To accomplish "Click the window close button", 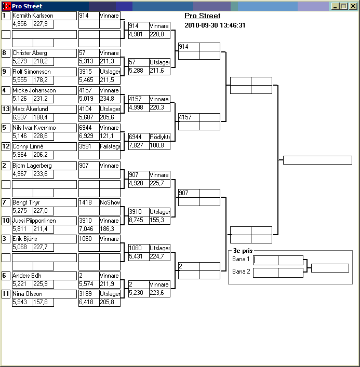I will coord(353,6).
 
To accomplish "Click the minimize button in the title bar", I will coord(336,6).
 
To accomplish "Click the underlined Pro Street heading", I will coord(202,16).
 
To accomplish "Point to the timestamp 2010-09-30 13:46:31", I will coord(215,25).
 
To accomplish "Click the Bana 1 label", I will coord(241,259).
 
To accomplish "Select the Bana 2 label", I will coord(241,271).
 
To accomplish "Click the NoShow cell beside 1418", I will coord(110,202).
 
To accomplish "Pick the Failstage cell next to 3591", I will coord(110,146).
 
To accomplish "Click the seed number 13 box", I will coord(6,109).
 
